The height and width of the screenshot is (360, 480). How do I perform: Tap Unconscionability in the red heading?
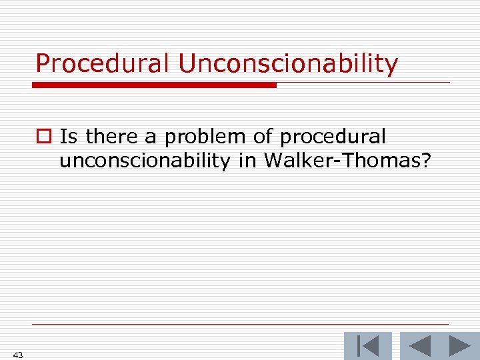288,64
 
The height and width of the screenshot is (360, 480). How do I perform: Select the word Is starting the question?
69,137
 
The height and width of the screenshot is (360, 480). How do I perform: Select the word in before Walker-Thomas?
255,161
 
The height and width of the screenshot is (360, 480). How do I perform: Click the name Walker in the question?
293,161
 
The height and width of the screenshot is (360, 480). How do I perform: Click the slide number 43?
17,355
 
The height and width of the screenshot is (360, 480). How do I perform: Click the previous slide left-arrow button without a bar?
420,347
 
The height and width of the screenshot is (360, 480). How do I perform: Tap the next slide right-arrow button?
459,347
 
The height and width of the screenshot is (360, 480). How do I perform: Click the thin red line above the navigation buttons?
240,325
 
